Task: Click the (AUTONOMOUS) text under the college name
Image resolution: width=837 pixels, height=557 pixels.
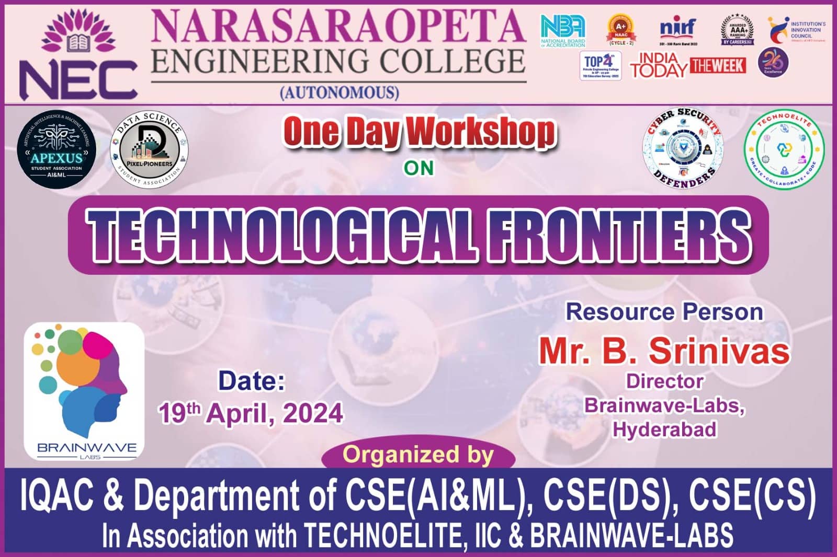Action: pos(340,92)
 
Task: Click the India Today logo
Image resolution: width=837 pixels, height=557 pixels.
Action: pos(659,66)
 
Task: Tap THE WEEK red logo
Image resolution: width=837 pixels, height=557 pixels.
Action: pos(718,66)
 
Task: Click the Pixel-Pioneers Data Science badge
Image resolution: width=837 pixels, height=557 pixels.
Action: pos(149,149)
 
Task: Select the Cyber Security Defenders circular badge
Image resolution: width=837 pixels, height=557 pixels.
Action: pos(683,148)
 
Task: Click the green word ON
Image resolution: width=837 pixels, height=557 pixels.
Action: pos(418,168)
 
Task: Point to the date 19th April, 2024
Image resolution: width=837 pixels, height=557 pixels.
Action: pos(251,413)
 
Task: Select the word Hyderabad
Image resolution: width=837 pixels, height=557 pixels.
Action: pos(664,429)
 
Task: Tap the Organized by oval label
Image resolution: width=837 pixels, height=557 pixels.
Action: pos(418,454)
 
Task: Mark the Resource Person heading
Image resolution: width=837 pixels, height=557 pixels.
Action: pos(664,312)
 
